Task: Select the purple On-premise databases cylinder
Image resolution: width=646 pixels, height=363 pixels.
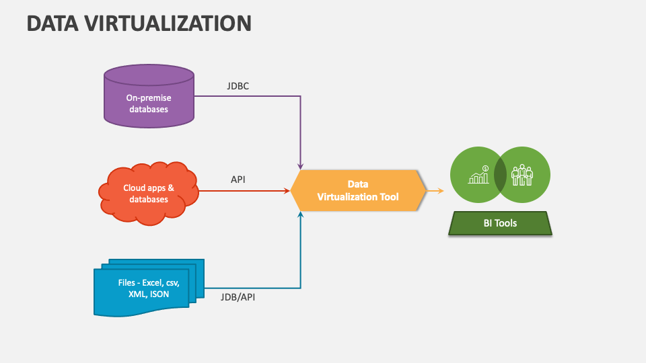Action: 149,97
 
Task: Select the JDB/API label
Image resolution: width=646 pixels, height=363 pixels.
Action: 238,296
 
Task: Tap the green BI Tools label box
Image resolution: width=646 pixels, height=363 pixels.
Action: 500,223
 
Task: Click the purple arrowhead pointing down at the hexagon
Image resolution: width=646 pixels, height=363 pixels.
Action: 300,165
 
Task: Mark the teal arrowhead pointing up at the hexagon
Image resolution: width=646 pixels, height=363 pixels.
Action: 300,214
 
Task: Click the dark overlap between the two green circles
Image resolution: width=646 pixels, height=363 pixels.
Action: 500,175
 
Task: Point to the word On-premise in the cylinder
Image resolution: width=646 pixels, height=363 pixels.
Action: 149,98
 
